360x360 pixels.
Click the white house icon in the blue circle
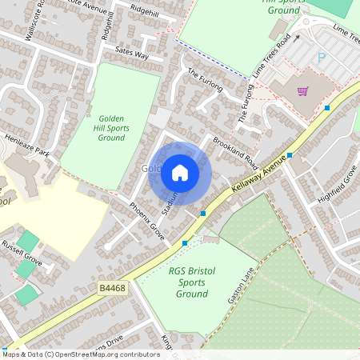(180, 173)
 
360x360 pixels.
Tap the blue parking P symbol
(322, 58)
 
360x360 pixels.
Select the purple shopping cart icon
(302, 90)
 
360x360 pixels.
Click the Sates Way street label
(132, 54)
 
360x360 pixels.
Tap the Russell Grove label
(22, 260)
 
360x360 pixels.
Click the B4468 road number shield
(113, 287)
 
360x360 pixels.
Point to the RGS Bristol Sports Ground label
(188, 282)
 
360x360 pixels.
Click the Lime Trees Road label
(271, 57)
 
